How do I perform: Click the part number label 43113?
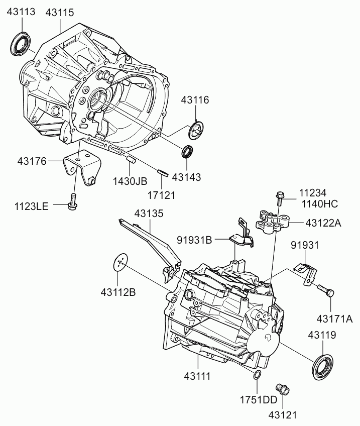[21, 12]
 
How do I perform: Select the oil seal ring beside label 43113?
[21, 44]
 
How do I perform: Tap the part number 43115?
[60, 13]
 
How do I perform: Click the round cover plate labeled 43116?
[196, 130]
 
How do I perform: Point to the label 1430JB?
[130, 181]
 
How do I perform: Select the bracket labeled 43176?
[82, 167]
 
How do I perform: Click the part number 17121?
[162, 195]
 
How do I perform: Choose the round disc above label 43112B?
[120, 263]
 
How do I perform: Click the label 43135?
[149, 214]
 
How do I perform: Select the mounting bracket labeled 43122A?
[272, 221]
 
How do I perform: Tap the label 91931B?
[194, 240]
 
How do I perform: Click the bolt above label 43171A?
[325, 290]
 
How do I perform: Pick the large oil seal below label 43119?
[322, 367]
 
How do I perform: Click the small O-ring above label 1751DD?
[257, 375]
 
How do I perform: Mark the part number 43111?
[197, 376]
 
